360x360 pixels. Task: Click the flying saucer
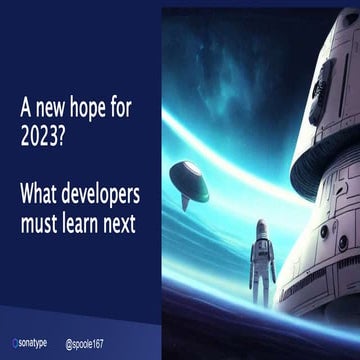[188, 178]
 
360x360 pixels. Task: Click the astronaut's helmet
[261, 229]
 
